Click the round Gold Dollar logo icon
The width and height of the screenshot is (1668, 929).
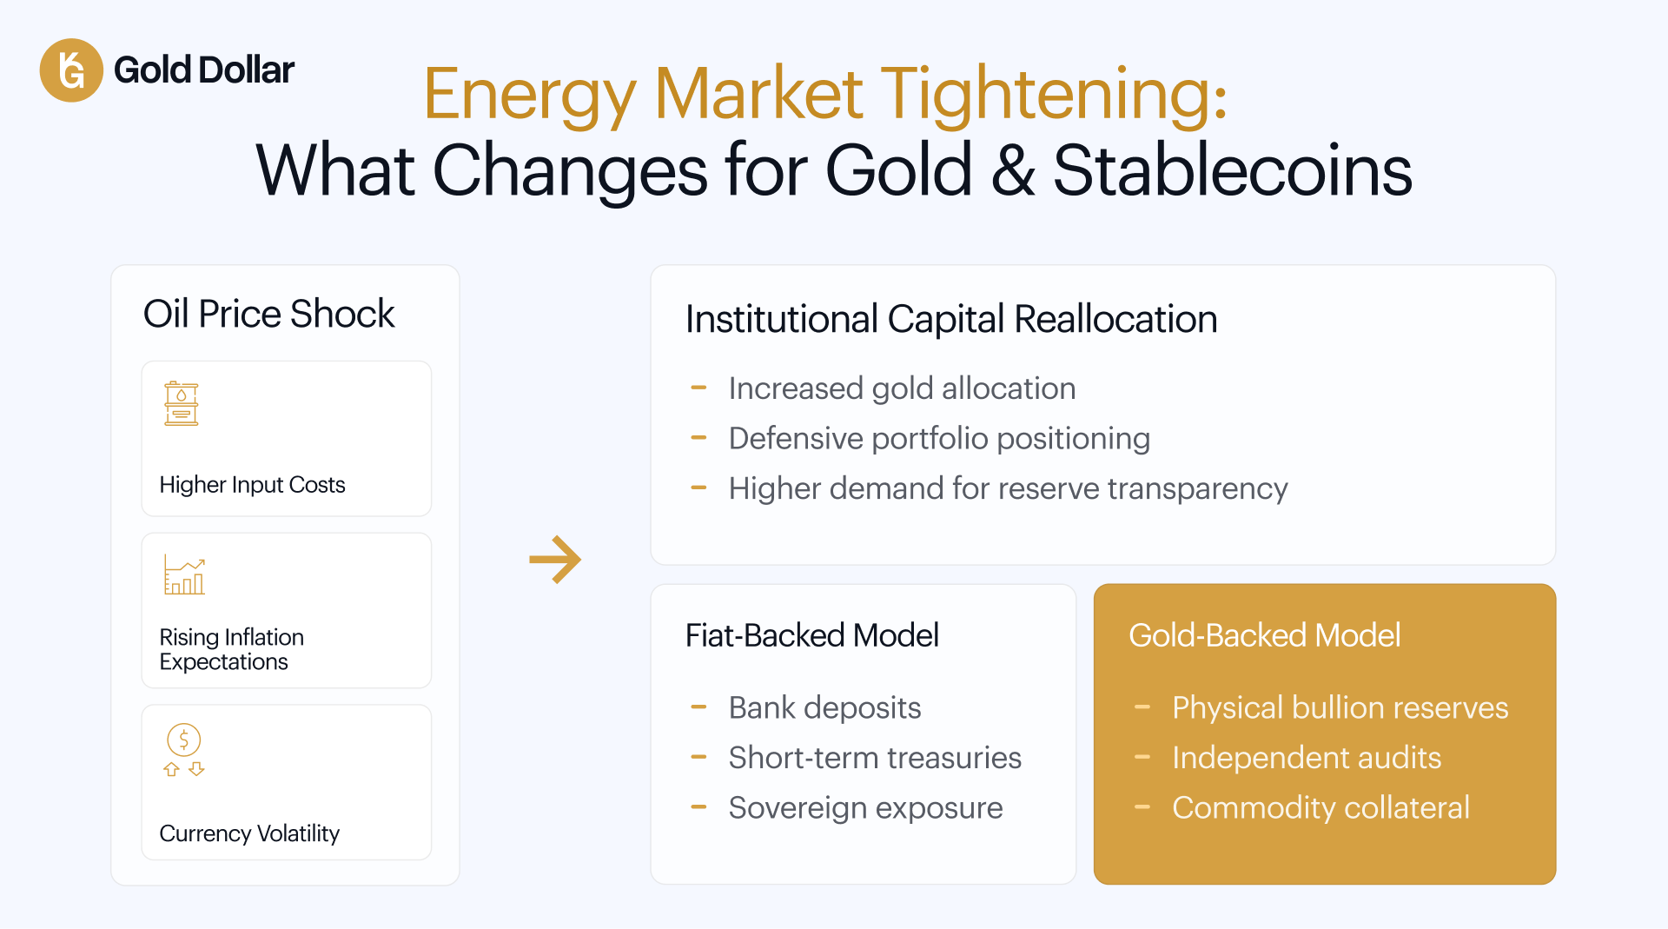71,70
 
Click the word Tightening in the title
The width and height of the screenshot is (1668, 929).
1054,95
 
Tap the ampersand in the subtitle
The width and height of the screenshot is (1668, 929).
1012,170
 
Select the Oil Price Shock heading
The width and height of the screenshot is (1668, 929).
268,314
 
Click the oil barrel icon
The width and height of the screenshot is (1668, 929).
182,403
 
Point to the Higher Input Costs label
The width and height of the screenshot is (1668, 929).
252,484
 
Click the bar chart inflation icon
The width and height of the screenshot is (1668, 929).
184,575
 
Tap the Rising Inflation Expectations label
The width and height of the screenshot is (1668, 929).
232,649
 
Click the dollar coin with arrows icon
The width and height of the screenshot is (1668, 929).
184,750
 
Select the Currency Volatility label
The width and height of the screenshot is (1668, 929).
249,833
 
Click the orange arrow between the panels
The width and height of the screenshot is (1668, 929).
555,560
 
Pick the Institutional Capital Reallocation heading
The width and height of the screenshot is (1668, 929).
951,319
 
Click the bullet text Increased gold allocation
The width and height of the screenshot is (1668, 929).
902,388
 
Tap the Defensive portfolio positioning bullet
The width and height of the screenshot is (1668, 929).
939,439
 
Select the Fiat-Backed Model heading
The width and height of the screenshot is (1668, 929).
811,635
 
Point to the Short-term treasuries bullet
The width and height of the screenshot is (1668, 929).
875,758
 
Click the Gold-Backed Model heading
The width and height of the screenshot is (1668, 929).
1264,635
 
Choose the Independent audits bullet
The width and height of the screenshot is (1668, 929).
1307,758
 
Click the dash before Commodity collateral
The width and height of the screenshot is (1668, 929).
1142,807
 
